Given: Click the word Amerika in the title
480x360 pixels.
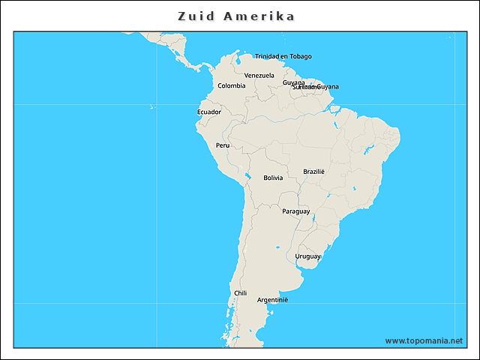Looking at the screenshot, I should pyautogui.click(x=259, y=16).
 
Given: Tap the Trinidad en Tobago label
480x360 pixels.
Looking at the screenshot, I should pyautogui.click(x=283, y=56).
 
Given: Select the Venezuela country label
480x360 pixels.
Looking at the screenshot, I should pyautogui.click(x=259, y=75).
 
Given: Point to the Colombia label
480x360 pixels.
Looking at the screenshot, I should pyautogui.click(x=231, y=85).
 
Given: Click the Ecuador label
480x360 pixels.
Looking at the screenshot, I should pyautogui.click(x=209, y=112).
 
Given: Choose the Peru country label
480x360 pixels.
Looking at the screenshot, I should pyautogui.click(x=223, y=145).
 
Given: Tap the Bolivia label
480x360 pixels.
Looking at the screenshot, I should pyautogui.click(x=273, y=178).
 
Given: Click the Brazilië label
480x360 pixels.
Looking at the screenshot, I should pyautogui.click(x=313, y=171).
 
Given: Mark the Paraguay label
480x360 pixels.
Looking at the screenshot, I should pyautogui.click(x=295, y=211).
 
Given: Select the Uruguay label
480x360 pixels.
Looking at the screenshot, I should pyautogui.click(x=307, y=256).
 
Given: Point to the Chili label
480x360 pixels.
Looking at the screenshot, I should pyautogui.click(x=240, y=293).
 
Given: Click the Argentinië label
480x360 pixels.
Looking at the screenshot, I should pyautogui.click(x=272, y=300).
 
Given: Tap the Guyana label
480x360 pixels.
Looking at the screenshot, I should pyautogui.click(x=293, y=82).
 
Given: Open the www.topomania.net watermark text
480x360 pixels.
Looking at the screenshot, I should pyautogui.click(x=424, y=340).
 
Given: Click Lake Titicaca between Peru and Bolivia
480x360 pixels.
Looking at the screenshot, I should pyautogui.click(x=247, y=177).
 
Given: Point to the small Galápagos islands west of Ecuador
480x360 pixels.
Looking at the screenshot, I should pyautogui.click(x=152, y=106).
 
